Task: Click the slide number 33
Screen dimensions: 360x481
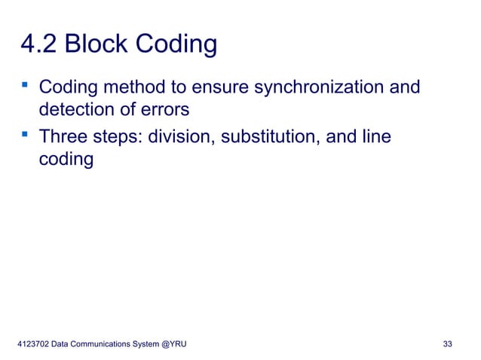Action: point(448,344)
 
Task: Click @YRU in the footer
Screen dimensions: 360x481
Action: point(175,344)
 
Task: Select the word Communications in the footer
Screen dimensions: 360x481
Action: point(99,344)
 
